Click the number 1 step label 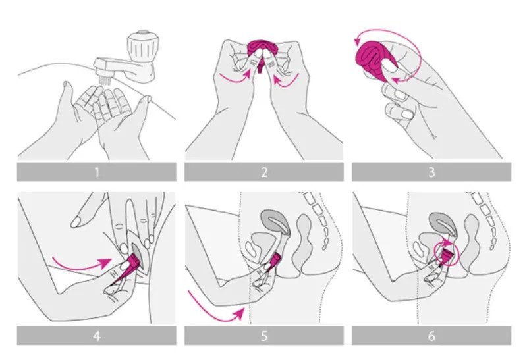pos(97,172)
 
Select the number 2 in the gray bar pos(264,172)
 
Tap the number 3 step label pos(431,172)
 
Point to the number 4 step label pos(97,336)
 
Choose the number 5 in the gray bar pos(264,336)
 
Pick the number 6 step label pos(431,336)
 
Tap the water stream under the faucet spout pos(104,80)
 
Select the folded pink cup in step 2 pos(260,48)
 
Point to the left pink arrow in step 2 pos(235,76)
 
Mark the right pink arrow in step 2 pos(286,80)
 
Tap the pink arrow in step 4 pos(80,265)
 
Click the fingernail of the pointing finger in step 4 pos(76,222)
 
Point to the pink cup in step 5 pos(275,259)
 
